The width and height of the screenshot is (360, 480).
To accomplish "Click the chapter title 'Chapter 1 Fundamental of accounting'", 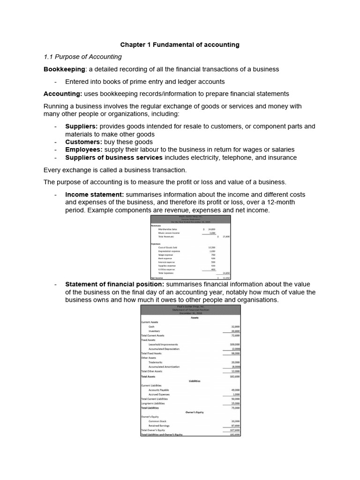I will coord(180,45).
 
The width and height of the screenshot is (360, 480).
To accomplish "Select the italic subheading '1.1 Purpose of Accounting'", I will coord(82,57).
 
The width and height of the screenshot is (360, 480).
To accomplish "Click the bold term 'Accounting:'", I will coord(63,94).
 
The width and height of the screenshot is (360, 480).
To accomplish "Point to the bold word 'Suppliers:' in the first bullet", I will coord(82,127).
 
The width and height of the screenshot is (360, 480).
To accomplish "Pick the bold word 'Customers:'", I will coord(83,142).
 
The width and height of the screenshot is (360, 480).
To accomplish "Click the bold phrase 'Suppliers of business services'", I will coord(114,157).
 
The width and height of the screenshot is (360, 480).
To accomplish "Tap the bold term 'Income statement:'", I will coord(94,194).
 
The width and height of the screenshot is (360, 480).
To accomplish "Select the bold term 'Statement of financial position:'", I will coord(114,284).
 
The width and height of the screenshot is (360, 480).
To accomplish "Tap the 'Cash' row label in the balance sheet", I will coord(151,326).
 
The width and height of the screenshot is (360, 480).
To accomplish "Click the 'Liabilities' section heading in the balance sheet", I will coord(190,381).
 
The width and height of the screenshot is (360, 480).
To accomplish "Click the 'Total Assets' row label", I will coord(148,376).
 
